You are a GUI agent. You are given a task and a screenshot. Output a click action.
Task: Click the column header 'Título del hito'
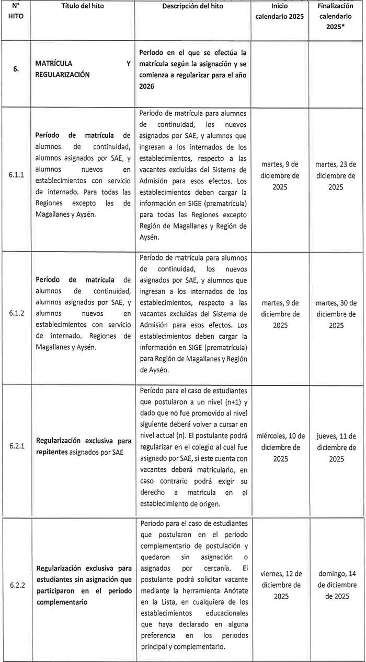[x=84, y=6]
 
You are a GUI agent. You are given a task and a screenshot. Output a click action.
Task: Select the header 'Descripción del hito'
[x=192, y=6]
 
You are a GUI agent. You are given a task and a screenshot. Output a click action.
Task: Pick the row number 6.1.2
[x=17, y=313]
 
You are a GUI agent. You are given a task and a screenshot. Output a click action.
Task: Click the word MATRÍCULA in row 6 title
[x=54, y=64]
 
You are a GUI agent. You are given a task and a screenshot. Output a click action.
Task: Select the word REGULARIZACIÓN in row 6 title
[x=62, y=75]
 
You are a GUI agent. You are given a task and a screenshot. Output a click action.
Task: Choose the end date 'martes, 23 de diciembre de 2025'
[x=336, y=176]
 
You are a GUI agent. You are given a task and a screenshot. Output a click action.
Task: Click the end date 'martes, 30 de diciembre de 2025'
[x=336, y=314]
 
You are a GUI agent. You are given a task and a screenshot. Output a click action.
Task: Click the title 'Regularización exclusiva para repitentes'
[x=83, y=446]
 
